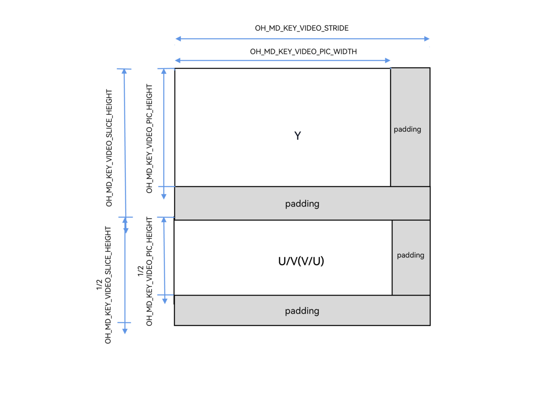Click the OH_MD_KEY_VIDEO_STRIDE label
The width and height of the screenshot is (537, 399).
pyautogui.click(x=302, y=28)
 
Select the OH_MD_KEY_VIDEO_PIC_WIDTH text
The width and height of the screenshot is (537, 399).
pyautogui.click(x=303, y=51)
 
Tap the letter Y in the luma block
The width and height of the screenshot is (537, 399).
pyautogui.click(x=297, y=136)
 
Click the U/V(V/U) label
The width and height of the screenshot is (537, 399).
pyautogui.click(x=301, y=262)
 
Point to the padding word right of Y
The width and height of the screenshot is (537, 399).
pyautogui.click(x=407, y=129)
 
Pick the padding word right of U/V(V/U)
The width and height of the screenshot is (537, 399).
pyautogui.click(x=410, y=255)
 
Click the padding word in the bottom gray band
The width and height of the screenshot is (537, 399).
pyautogui.click(x=302, y=311)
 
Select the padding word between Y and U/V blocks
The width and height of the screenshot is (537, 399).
pyautogui.click(x=302, y=204)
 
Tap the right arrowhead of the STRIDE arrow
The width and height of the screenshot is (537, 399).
pyautogui.click(x=427, y=39)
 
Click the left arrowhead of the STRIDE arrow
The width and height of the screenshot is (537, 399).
pyautogui.click(x=178, y=39)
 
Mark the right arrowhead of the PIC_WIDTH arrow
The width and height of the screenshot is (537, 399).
pyautogui.click(x=388, y=60)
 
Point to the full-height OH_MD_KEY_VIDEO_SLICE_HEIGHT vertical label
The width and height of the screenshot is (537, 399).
pyautogui.click(x=109, y=147)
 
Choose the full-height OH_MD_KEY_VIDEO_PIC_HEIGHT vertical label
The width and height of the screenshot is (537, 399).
pyautogui.click(x=149, y=138)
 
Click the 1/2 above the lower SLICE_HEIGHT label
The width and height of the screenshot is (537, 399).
pyautogui.click(x=99, y=285)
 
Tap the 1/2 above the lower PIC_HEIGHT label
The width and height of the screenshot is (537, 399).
pyautogui.click(x=141, y=271)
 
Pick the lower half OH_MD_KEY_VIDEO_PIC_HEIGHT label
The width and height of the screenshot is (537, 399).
pyautogui.click(x=149, y=271)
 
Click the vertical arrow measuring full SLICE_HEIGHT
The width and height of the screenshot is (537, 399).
pyautogui.click(x=125, y=143)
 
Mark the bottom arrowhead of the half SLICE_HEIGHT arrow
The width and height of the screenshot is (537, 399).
pyautogui.click(x=125, y=331)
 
